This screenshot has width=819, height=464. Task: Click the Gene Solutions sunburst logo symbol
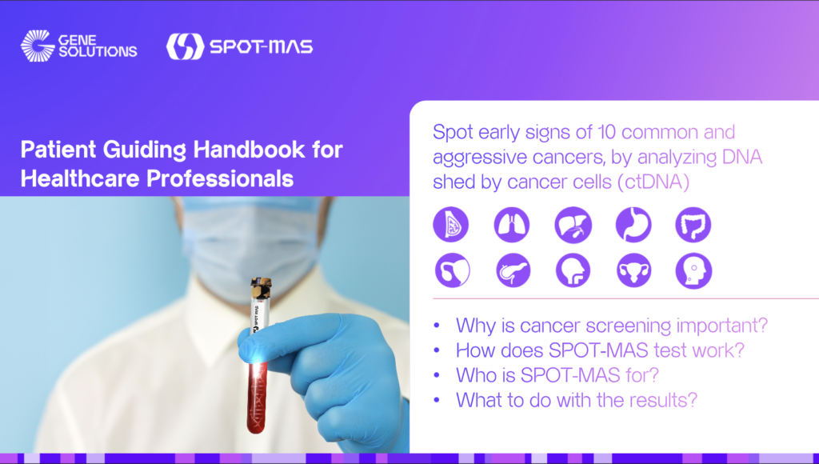click(x=37, y=46)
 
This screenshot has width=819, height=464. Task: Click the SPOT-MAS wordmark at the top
click(x=262, y=46)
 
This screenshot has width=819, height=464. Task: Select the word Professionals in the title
click(x=220, y=178)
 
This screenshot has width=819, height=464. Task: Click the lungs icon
click(x=512, y=225)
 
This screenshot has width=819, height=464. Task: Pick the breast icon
click(x=451, y=225)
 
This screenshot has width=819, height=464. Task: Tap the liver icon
click(x=573, y=225)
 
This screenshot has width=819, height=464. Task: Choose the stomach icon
click(x=633, y=225)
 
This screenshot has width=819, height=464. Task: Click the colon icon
click(x=693, y=225)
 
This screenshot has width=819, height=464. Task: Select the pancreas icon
click(x=513, y=270)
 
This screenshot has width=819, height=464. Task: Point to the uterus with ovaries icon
click(x=633, y=270)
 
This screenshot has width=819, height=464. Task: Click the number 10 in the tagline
click(x=606, y=132)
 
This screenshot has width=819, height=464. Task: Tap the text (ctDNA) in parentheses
click(x=653, y=182)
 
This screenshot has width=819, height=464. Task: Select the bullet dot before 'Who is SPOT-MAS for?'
click(x=437, y=375)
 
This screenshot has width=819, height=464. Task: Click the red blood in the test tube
click(x=257, y=397)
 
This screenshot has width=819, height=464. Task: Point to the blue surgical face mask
click(x=251, y=246)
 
